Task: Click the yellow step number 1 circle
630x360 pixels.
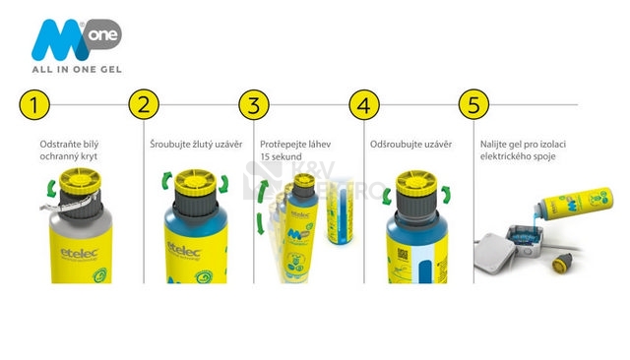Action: click(34, 104)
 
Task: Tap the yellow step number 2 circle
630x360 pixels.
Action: click(144, 104)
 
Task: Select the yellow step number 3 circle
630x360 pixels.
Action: click(254, 104)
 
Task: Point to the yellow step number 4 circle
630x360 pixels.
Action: click(364, 104)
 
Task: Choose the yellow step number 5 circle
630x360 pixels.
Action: click(474, 104)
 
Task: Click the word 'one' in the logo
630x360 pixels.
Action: click(103, 34)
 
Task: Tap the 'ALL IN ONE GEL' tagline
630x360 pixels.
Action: click(77, 70)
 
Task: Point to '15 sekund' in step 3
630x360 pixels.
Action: click(281, 156)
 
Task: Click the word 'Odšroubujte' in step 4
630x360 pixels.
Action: click(393, 144)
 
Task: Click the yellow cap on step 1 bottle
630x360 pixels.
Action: click(80, 181)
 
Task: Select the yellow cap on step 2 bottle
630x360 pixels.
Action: click(196, 182)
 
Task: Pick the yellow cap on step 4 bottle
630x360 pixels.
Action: click(416, 183)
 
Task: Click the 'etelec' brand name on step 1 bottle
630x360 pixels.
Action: click(79, 253)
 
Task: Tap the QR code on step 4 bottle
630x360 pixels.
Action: click(403, 254)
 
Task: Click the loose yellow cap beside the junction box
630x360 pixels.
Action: click(560, 263)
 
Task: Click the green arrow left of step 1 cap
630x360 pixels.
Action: click(51, 189)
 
